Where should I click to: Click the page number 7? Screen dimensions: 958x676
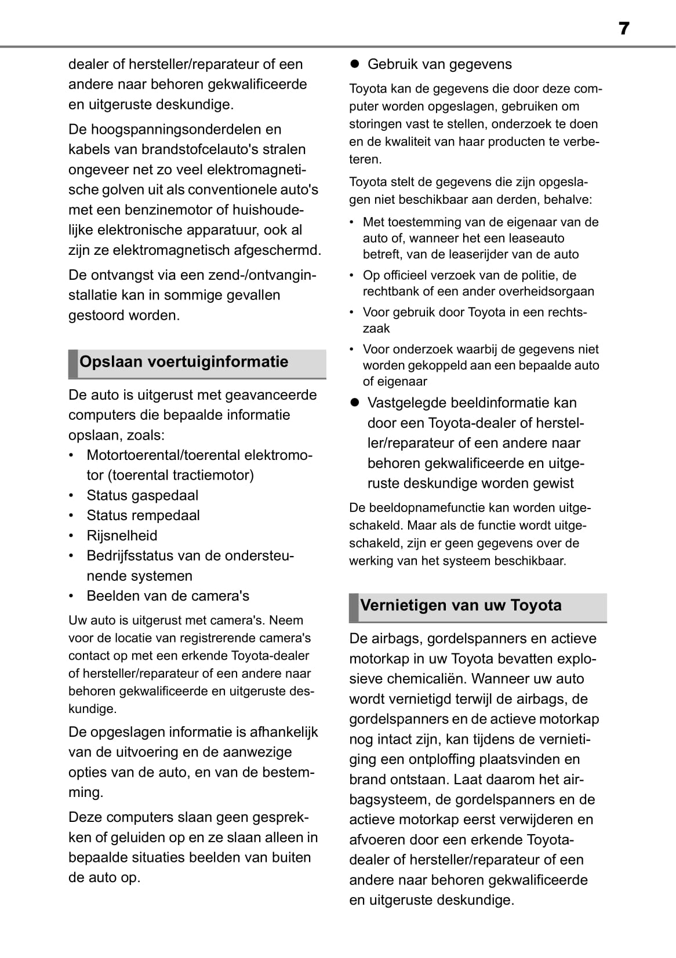click(623, 28)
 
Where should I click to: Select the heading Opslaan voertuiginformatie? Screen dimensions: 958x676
click(184, 362)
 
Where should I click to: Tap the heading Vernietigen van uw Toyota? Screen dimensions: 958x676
click(461, 605)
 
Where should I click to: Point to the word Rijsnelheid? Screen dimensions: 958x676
click(122, 536)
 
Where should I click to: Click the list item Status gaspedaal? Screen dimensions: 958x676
click(142, 496)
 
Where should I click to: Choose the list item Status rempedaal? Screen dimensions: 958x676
click(143, 515)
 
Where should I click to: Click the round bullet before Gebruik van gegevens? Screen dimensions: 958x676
click(355, 64)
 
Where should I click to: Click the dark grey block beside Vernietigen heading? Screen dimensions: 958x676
click(354, 608)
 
